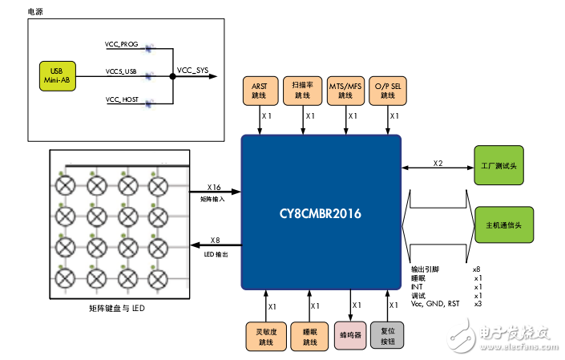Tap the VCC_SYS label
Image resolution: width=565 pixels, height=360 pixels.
tap(193, 70)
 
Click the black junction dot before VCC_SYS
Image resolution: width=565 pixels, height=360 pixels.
tap(173, 77)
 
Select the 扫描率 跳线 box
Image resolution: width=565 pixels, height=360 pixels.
tap(302, 91)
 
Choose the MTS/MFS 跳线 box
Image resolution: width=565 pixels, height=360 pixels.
tap(349, 91)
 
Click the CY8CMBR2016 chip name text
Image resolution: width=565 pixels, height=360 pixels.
tap(321, 214)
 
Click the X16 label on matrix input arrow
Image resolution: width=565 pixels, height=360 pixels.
tap(213, 186)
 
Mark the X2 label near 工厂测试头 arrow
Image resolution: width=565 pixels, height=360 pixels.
tap(438, 163)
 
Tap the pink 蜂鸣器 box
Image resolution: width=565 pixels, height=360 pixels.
tap(349, 335)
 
